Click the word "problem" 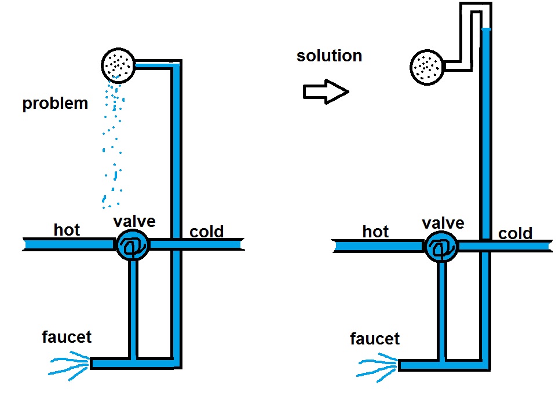[x=55, y=104]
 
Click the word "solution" [x=329, y=56]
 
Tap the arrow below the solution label [x=326, y=91]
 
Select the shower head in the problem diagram [x=119, y=64]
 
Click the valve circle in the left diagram [x=133, y=245]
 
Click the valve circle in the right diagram [x=441, y=247]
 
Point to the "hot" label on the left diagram [x=67, y=230]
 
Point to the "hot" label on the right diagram [x=375, y=232]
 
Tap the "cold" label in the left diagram [x=207, y=232]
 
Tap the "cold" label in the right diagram [x=515, y=233]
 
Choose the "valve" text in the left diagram [x=134, y=221]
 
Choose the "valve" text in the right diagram [x=443, y=223]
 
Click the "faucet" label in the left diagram [x=67, y=336]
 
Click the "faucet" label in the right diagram [x=375, y=338]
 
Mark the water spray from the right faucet [x=377, y=369]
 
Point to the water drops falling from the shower [x=113, y=145]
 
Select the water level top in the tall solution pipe [x=487, y=29]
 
